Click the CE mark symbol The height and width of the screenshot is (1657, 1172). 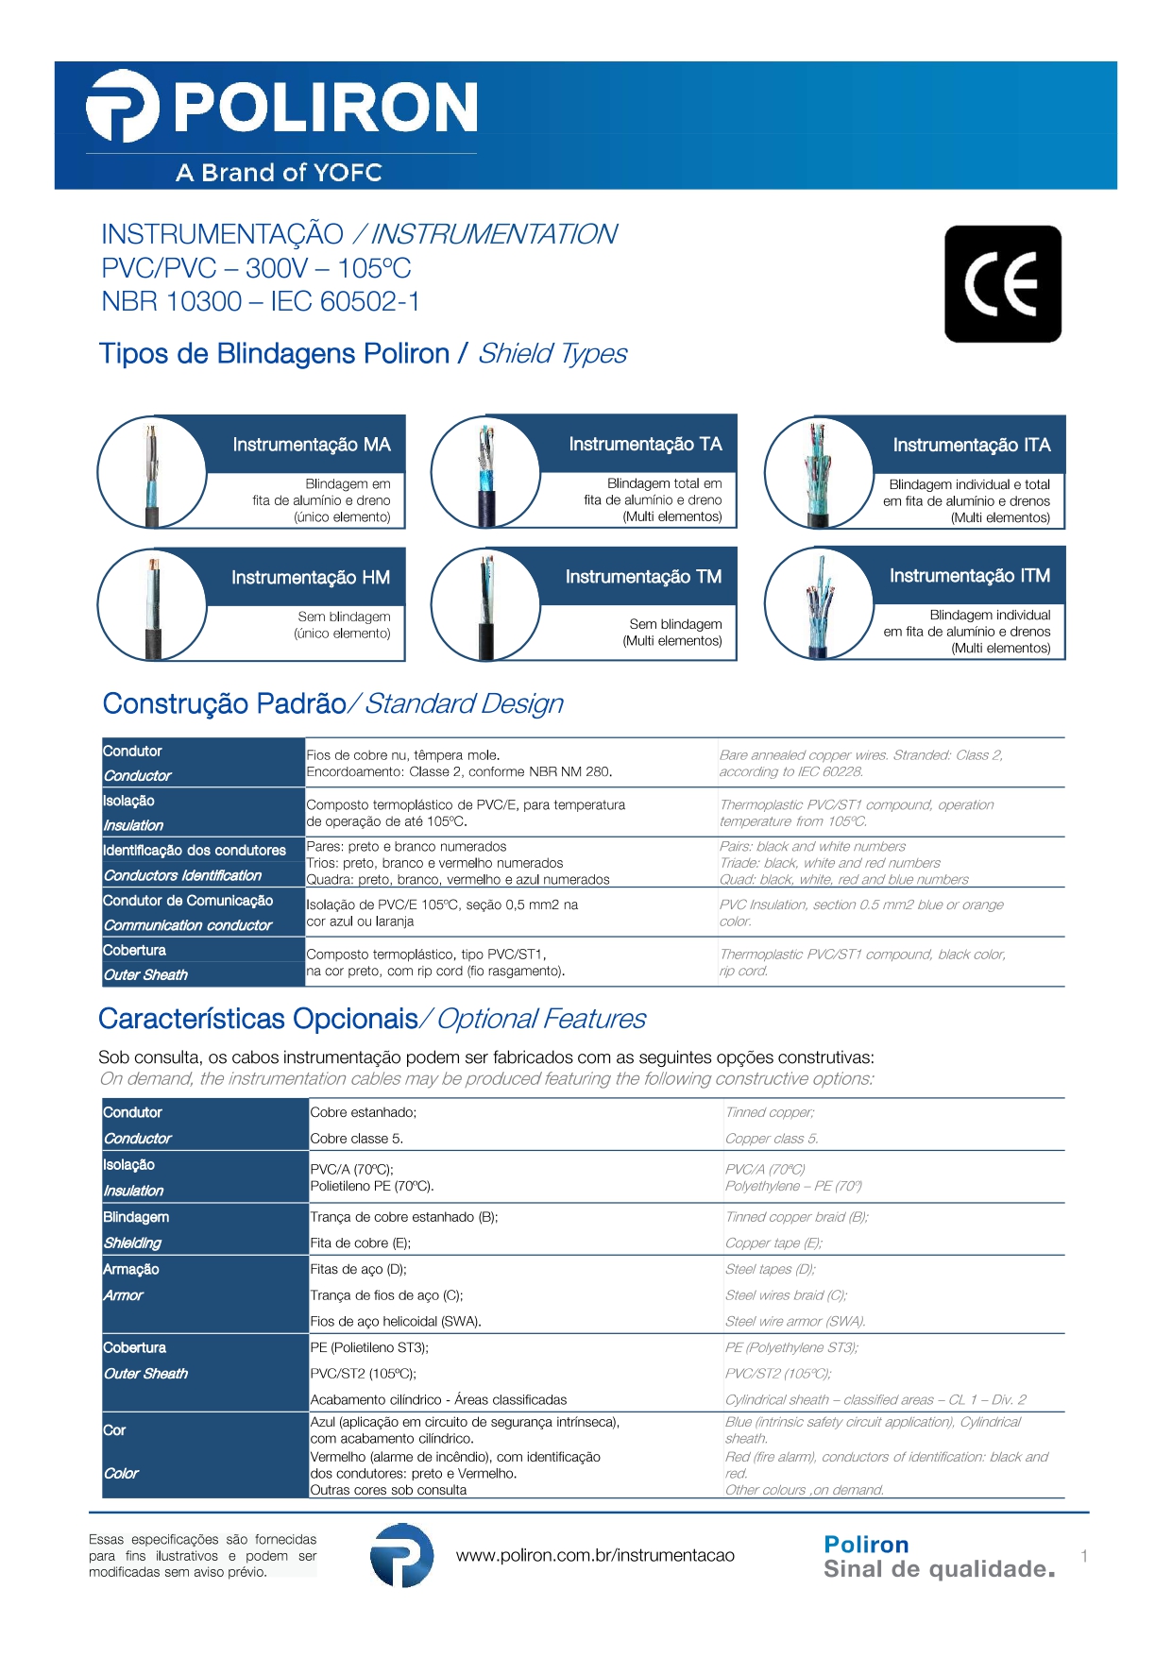coord(1002,283)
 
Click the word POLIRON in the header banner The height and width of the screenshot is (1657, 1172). coord(326,107)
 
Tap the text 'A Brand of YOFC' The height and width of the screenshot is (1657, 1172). coord(279,173)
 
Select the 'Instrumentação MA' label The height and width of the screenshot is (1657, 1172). coord(311,445)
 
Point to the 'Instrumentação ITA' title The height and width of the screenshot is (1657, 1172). coord(971,445)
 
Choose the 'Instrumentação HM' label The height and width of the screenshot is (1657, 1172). coord(310,577)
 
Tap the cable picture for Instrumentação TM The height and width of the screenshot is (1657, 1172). coord(485,604)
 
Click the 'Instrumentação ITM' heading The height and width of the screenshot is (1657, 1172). coord(969,576)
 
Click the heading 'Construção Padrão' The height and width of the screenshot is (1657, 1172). coord(225,703)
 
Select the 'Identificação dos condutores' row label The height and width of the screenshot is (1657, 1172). coord(195,851)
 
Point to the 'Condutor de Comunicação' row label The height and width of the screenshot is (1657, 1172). coord(188,901)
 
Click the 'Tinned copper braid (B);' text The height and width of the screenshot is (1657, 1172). coord(796,1217)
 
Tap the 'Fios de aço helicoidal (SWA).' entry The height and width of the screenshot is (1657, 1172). coord(396,1321)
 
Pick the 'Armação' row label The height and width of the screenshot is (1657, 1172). coord(131,1269)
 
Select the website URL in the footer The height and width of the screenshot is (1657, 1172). coord(595,1555)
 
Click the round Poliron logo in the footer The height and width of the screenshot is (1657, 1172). coord(401,1555)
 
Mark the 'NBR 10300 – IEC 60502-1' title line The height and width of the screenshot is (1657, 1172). coord(261,301)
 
